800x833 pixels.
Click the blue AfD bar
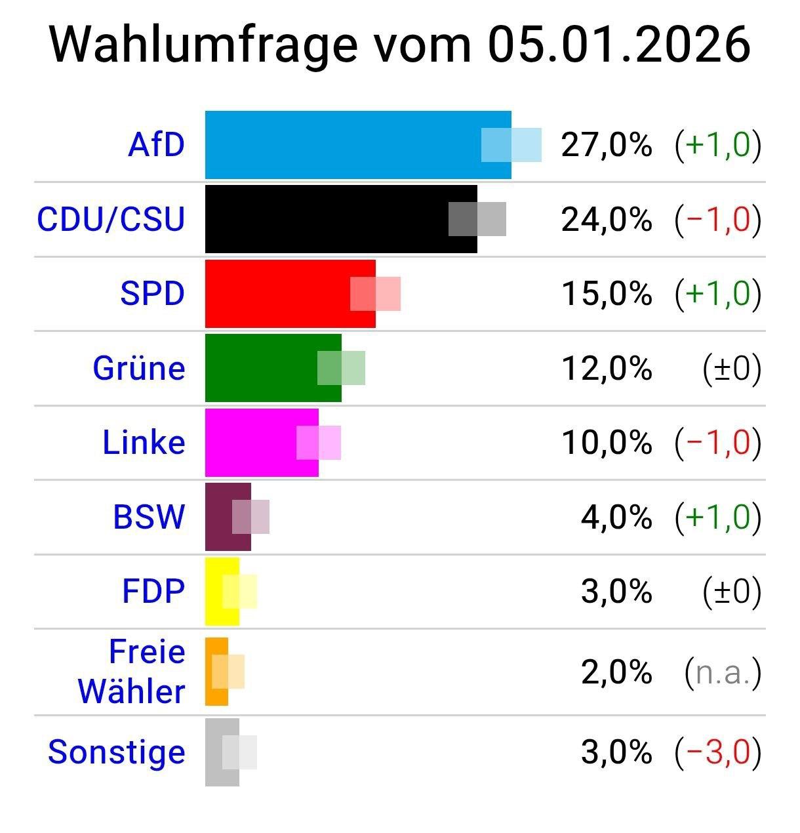tap(341, 145)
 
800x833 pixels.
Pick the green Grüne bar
tap(262, 368)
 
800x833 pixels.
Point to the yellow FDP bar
tap(216, 591)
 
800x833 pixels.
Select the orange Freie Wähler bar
tap(211, 672)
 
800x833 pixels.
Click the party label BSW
tap(149, 517)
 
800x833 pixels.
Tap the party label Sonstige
tap(117, 752)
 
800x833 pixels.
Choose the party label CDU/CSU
tap(111, 219)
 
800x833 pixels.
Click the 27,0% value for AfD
tap(607, 145)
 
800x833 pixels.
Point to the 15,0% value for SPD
tap(607, 293)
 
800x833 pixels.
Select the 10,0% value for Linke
tap(607, 442)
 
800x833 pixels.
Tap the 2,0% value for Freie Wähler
tap(616, 672)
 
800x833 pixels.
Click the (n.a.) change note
tap(723, 672)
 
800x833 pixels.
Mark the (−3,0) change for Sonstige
tap(718, 752)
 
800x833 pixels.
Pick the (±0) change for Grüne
tap(732, 368)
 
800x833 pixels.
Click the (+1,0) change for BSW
tap(718, 517)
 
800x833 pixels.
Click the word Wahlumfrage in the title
tap(203, 45)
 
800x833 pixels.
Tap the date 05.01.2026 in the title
tap(618, 45)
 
